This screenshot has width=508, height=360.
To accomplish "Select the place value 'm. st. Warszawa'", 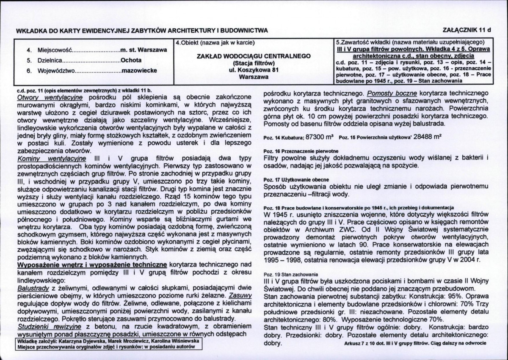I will click(x=144, y=50).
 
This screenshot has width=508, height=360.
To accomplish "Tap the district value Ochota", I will click(x=131, y=60).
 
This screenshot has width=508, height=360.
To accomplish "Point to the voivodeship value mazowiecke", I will click(x=139, y=71).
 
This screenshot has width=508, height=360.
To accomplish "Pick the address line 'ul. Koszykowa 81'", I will click(x=254, y=71).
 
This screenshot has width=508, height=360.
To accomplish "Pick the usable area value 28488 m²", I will click(x=423, y=138).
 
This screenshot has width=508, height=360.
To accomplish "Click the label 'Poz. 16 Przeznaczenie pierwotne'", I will click(x=301, y=151).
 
